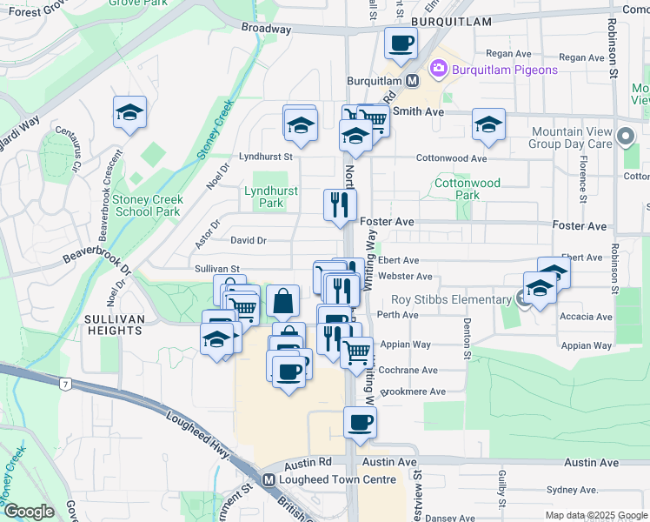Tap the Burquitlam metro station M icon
click(x=412, y=80)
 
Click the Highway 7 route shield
click(x=64, y=384)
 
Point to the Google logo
click(x=29, y=512)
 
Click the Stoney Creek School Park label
click(x=148, y=205)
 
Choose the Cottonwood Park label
click(x=468, y=189)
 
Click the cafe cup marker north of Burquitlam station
click(x=401, y=43)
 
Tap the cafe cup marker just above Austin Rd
click(x=360, y=423)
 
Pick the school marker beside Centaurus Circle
click(x=129, y=112)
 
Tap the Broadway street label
click(x=266, y=29)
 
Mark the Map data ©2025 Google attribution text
click(x=596, y=515)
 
